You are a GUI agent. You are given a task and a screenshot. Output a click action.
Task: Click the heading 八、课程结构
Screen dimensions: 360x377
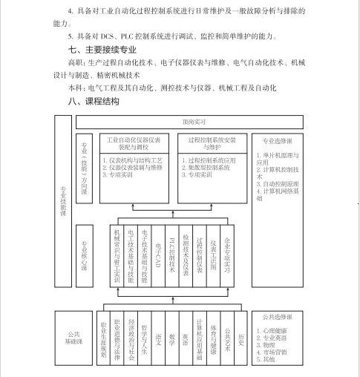[x=93, y=101]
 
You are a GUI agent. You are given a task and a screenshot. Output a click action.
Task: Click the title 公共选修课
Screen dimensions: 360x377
[x=278, y=315]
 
